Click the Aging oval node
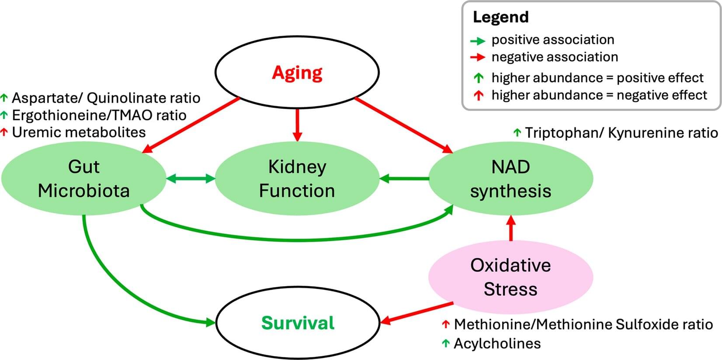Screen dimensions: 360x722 pyautogui.click(x=297, y=72)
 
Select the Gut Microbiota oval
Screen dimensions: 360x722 pyautogui.click(x=83, y=178)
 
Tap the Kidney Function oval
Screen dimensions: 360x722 pyautogui.click(x=297, y=178)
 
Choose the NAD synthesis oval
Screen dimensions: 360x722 pyautogui.click(x=510, y=178)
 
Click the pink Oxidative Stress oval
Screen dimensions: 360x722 pyautogui.click(x=510, y=277)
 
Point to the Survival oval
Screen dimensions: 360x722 pyautogui.click(x=298, y=323)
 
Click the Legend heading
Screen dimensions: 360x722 pyautogui.click(x=500, y=17)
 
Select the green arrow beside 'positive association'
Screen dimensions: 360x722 pyautogui.click(x=478, y=41)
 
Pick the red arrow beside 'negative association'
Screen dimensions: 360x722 pyautogui.click(x=478, y=57)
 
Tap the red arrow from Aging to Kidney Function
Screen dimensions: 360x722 pyautogui.click(x=297, y=125)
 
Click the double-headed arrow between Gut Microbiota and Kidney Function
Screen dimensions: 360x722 pyautogui.click(x=191, y=178)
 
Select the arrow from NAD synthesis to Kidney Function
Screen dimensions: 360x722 pyautogui.click(x=404, y=178)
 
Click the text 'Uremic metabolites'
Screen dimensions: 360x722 pyautogui.click(x=79, y=132)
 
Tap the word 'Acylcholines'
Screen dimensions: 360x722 pyautogui.click(x=497, y=343)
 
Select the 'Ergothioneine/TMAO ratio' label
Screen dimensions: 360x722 pyautogui.click(x=99, y=115)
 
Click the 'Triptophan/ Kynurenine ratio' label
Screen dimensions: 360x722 pyautogui.click(x=621, y=133)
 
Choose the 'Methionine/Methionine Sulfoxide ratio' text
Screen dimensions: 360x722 pyautogui.click(x=583, y=324)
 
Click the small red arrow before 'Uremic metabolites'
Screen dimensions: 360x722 pyautogui.click(x=4, y=132)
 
